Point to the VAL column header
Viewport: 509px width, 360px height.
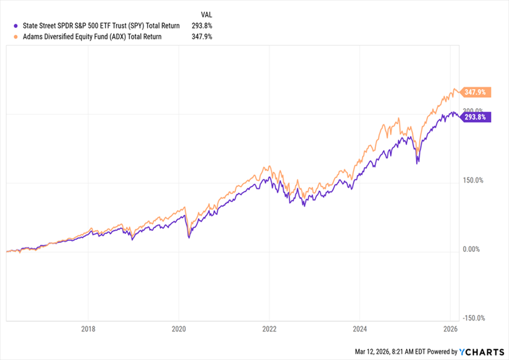(x=206, y=14)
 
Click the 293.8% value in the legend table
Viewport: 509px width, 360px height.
(x=202, y=25)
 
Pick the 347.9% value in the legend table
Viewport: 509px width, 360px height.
(x=202, y=37)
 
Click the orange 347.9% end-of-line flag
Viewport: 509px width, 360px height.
(x=476, y=93)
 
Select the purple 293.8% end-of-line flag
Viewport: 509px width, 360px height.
(x=476, y=118)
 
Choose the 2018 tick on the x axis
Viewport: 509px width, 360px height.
(x=88, y=329)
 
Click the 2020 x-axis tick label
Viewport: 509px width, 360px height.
(x=179, y=329)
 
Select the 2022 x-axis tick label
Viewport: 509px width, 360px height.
(x=269, y=329)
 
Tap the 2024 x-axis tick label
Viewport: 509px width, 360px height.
(x=359, y=329)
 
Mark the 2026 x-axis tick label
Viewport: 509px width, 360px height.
(x=450, y=329)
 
